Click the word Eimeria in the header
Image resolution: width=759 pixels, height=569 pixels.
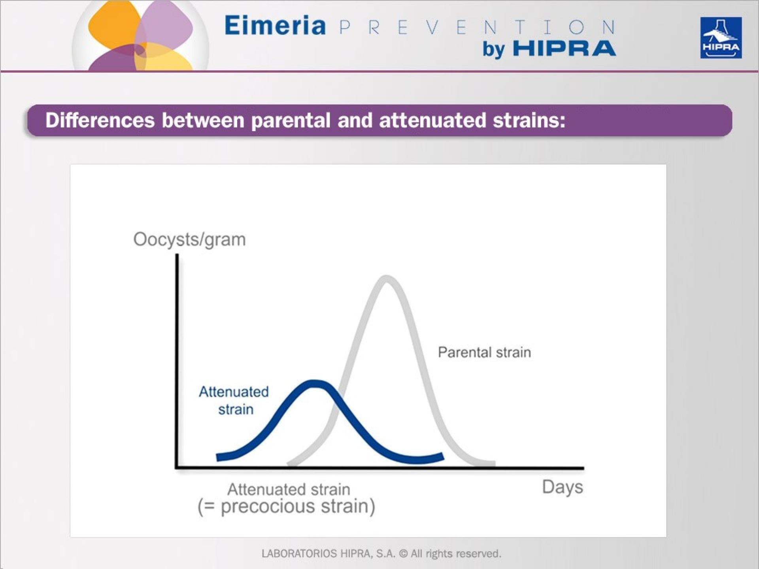click(x=275, y=26)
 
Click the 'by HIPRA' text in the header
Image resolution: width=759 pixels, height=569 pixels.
click(x=549, y=49)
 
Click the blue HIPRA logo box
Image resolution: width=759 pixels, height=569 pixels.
click(x=721, y=38)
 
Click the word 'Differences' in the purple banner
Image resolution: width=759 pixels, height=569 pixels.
click(x=100, y=121)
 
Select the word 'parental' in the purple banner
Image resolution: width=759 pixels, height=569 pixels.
click(x=291, y=121)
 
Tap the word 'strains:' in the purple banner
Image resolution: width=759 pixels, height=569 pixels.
click(x=529, y=121)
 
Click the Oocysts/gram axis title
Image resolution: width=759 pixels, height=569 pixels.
click(x=189, y=239)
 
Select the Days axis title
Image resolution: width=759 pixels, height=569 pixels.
click(x=562, y=487)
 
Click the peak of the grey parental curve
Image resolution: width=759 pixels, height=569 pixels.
click(x=386, y=278)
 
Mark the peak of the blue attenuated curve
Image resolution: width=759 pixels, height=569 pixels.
click(x=314, y=383)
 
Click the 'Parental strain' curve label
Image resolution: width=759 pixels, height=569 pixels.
click(x=484, y=352)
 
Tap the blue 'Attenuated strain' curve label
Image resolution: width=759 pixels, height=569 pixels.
click(x=234, y=400)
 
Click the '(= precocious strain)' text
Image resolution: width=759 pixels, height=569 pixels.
click(x=286, y=507)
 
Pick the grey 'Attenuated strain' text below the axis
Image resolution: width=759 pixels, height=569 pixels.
click(x=289, y=489)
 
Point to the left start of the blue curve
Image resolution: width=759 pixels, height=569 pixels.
click(x=219, y=457)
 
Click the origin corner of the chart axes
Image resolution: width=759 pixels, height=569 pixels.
click(x=177, y=468)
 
